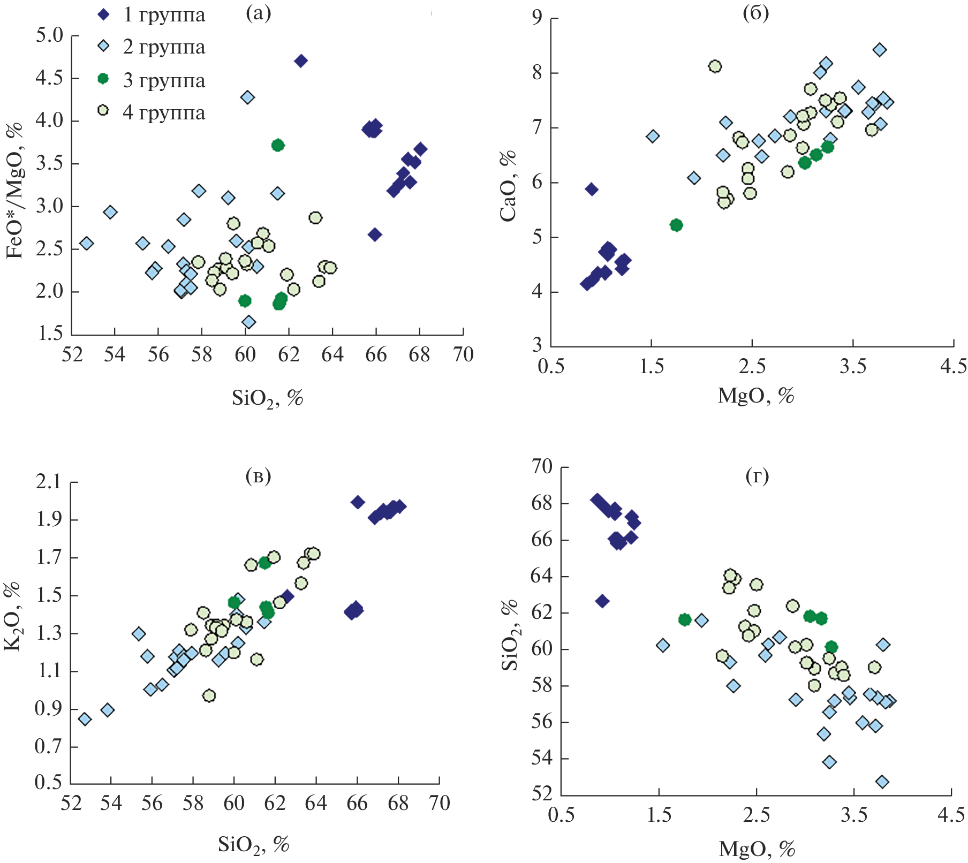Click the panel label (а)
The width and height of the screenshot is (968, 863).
pyautogui.click(x=259, y=13)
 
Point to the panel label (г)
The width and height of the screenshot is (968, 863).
pyautogui.click(x=757, y=475)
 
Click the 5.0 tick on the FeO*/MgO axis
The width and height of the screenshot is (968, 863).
pyautogui.click(x=49, y=36)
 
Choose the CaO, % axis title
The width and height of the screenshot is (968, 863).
pyautogui.click(x=508, y=185)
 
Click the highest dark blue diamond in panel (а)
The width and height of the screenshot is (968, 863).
pyautogui.click(x=301, y=61)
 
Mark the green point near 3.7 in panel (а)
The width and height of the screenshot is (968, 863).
pyautogui.click(x=278, y=145)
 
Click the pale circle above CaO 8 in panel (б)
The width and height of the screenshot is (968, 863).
pyautogui.click(x=715, y=66)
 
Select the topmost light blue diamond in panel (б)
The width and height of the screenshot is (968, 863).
pyautogui.click(x=879, y=50)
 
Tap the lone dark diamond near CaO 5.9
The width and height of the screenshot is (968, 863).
pyautogui.click(x=591, y=189)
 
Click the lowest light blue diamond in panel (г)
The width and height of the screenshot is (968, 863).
pyautogui.click(x=882, y=782)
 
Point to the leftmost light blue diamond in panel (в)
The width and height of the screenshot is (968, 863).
pyautogui.click(x=85, y=719)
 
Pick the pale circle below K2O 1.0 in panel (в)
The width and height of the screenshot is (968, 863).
pyautogui.click(x=209, y=695)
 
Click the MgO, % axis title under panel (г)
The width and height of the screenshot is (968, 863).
pyautogui.click(x=757, y=848)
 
